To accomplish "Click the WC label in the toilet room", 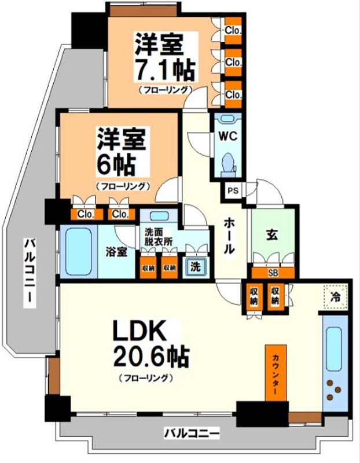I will pyautogui.click(x=226, y=137).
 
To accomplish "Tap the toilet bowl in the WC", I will pyautogui.click(x=227, y=160).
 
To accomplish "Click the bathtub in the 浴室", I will pyautogui.click(x=78, y=252).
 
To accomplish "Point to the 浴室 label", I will pyautogui.click(x=116, y=252).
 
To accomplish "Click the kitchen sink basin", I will pyautogui.click(x=334, y=351).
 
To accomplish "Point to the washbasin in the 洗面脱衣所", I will pyautogui.click(x=163, y=216).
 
